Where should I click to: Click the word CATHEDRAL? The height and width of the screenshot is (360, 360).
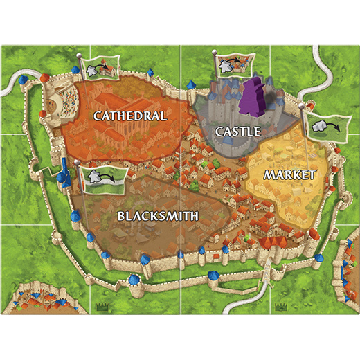tap(130, 116)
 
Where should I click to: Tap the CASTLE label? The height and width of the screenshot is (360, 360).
tap(237, 131)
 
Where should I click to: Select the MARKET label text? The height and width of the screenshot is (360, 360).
tap(289, 174)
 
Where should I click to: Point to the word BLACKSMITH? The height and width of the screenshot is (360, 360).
tap(158, 216)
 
